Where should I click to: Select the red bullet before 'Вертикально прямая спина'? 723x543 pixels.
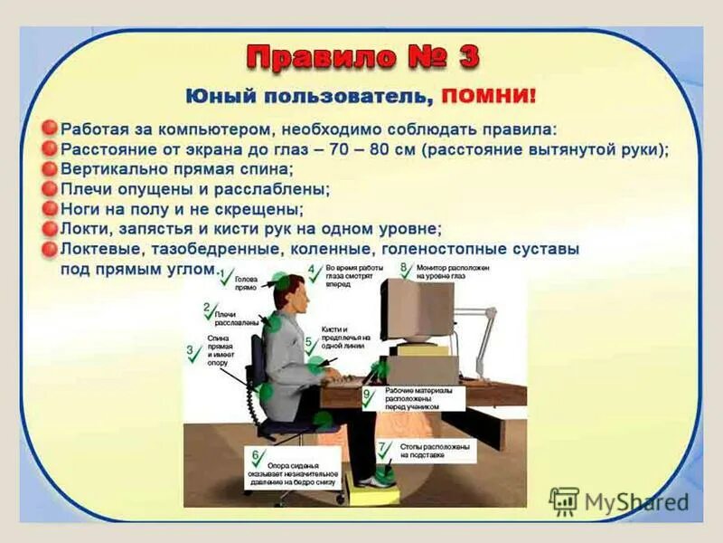pyautogui.click(x=51, y=168)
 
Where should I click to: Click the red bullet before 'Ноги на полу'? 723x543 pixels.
pyautogui.click(x=51, y=208)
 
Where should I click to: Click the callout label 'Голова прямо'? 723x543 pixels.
pyautogui.click(x=246, y=283)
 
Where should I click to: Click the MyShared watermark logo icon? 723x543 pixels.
pyautogui.click(x=564, y=500)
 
